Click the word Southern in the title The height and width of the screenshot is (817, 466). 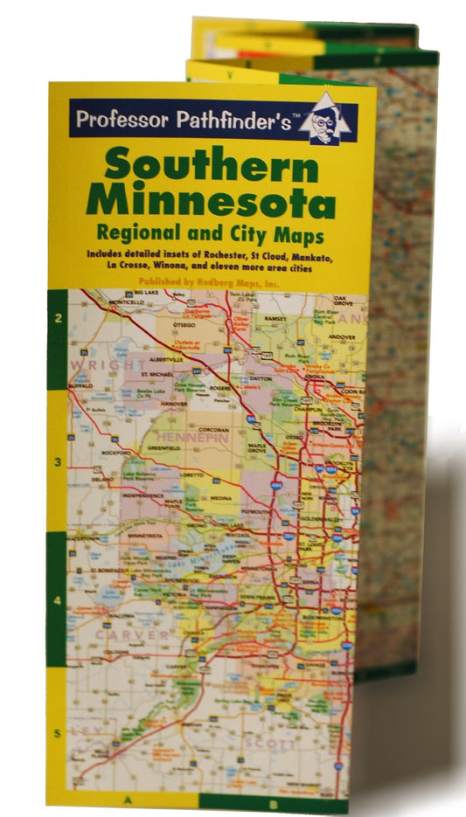[212, 165]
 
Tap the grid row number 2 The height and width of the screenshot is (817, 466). [58, 319]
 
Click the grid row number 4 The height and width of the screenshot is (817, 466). [58, 602]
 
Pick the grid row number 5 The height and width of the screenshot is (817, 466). [58, 734]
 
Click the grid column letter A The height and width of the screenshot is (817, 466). [129, 799]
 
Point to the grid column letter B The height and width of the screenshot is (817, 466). [274, 802]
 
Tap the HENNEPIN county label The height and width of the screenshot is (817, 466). [191, 438]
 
